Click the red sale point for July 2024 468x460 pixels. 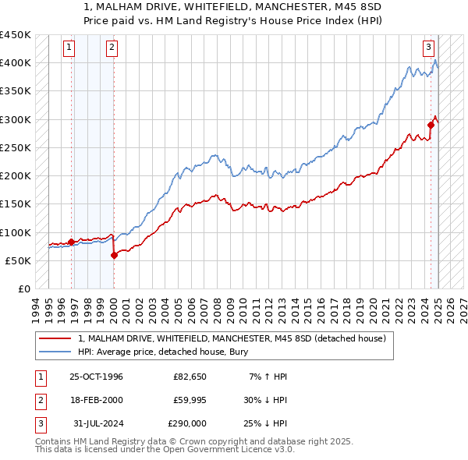pyautogui.click(x=431, y=125)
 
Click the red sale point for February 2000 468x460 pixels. pyautogui.click(x=114, y=254)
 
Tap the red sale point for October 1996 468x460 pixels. pyautogui.click(x=72, y=242)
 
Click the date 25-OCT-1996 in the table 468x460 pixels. pyautogui.click(x=96, y=377)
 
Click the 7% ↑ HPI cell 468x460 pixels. pyautogui.click(x=269, y=377)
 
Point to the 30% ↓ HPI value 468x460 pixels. pyautogui.click(x=266, y=400)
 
